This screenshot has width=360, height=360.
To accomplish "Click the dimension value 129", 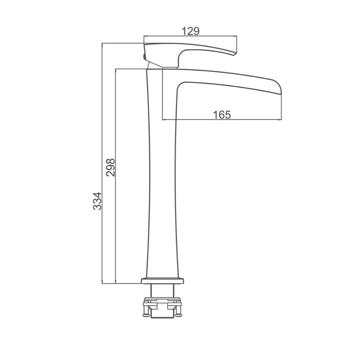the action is coord(190,31).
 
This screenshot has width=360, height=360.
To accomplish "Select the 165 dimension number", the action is coord(222,114).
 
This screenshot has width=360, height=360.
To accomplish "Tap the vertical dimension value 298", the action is coord(111,167).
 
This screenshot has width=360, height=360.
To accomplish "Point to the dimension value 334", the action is coord(97,201).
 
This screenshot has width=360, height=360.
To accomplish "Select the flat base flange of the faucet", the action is coord(163,281).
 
